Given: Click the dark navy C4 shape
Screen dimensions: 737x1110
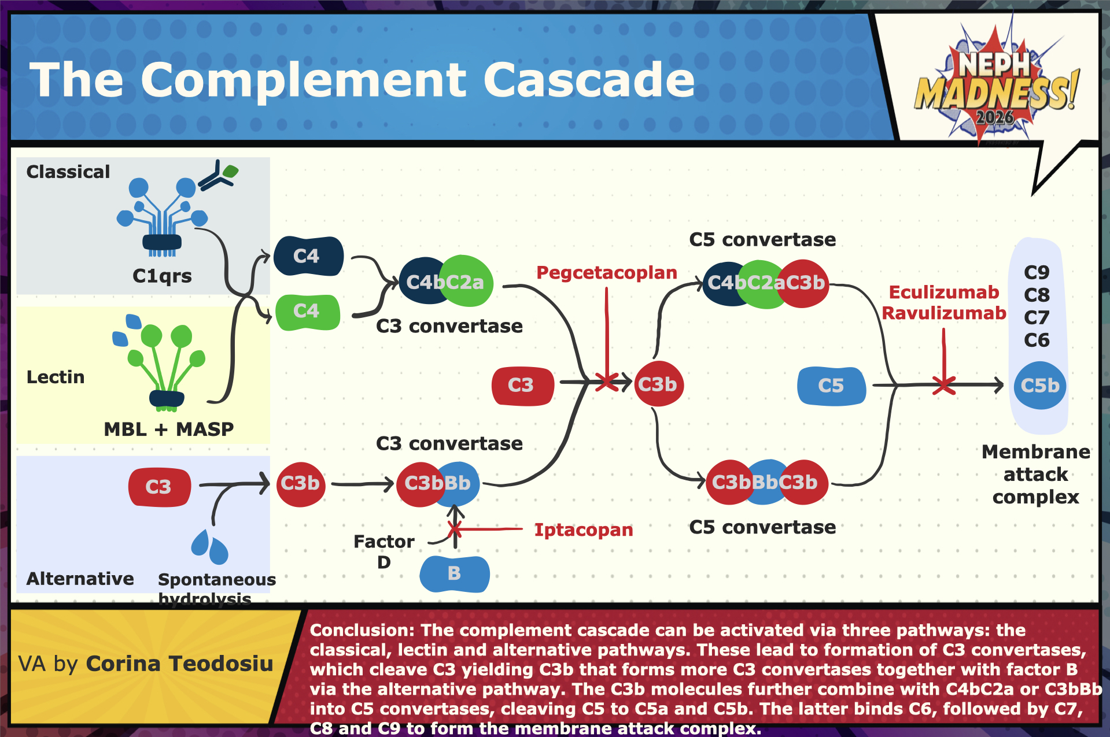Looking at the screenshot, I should click(x=308, y=255).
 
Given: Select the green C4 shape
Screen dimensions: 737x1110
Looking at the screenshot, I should click(x=307, y=312).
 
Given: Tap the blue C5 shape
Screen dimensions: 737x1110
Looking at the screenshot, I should click(x=831, y=386).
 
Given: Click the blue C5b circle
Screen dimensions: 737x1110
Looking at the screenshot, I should click(x=1039, y=386).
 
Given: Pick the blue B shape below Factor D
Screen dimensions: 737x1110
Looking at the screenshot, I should click(x=454, y=573).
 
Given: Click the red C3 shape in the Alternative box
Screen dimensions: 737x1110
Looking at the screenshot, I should click(x=159, y=487).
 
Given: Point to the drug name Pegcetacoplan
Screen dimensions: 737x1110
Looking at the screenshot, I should click(x=606, y=273).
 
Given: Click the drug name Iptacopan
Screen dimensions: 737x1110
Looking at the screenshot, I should click(x=583, y=529).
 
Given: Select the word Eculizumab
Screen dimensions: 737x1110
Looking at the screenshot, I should click(x=943, y=292).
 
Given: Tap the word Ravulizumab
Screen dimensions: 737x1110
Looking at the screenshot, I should click(x=943, y=313).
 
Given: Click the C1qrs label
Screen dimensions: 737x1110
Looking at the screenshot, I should click(x=162, y=276).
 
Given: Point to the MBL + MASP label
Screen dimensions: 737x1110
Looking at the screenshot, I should click(x=168, y=429).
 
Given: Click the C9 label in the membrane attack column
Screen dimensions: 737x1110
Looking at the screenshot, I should click(x=1036, y=272).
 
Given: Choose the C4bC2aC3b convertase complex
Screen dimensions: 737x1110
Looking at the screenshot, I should click(x=766, y=283).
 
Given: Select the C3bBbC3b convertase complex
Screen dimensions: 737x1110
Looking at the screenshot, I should click(x=766, y=482).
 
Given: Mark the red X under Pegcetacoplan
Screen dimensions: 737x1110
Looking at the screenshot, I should click(x=607, y=382).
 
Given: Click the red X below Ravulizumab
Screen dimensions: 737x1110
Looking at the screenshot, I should click(x=943, y=385).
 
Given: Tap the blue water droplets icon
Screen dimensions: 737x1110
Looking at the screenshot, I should click(x=209, y=546).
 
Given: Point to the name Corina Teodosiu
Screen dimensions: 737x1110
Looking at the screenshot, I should click(x=179, y=664).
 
